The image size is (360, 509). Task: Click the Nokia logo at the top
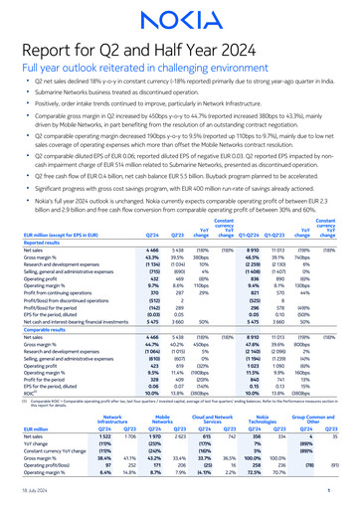[x=179, y=18]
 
